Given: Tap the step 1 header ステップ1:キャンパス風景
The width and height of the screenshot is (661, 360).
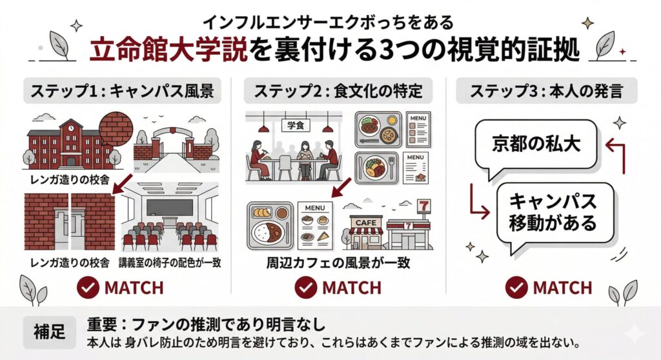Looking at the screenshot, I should click(x=123, y=92).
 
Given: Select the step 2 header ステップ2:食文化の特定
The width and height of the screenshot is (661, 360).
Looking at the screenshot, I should click(x=334, y=92).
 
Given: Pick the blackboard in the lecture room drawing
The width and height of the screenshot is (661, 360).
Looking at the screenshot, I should click(x=170, y=206).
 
